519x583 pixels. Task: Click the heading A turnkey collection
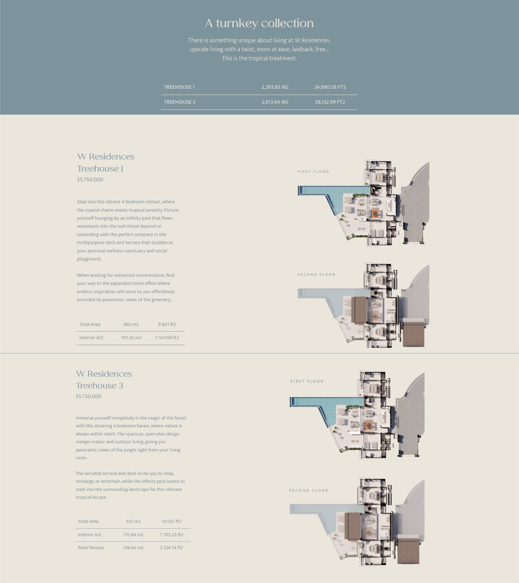(259, 23)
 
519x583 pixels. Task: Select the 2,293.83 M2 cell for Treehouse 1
(275, 87)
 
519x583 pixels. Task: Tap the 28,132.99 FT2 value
(330, 102)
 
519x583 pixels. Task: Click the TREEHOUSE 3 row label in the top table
(179, 102)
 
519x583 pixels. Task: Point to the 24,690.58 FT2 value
(330, 87)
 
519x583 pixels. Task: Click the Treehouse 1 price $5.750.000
(90, 179)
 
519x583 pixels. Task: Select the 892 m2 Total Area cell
(131, 324)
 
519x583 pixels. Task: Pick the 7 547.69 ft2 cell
(167, 338)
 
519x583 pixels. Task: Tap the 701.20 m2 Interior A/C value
(131, 338)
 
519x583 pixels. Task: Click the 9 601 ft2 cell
(167, 324)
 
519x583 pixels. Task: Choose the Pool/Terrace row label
(91, 548)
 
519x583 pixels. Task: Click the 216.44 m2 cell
(133, 548)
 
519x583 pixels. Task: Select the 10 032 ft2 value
(171, 521)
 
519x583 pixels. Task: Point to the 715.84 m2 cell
(133, 535)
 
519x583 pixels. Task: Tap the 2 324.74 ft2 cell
(171, 548)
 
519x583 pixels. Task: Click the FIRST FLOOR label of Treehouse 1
(313, 171)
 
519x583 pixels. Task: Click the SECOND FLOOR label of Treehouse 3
(309, 490)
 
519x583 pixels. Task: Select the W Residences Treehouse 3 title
(104, 380)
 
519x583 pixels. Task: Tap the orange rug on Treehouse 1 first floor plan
(375, 214)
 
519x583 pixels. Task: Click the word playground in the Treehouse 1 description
(89, 259)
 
